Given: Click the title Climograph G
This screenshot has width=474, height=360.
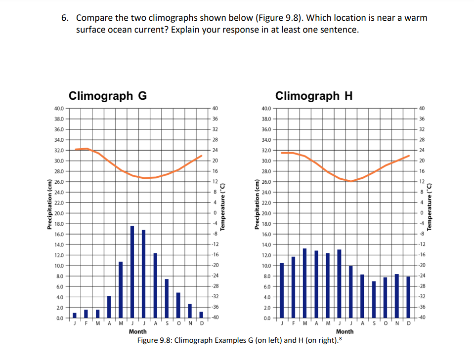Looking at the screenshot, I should (x=107, y=95).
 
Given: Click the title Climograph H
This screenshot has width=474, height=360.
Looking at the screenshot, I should (x=314, y=95).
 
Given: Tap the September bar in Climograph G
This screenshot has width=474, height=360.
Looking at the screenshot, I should (x=178, y=305).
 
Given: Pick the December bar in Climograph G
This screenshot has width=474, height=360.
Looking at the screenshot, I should (x=201, y=315).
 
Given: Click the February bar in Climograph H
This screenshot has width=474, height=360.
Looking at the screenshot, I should (x=293, y=287).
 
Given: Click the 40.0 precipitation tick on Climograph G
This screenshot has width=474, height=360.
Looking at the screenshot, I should (x=58, y=108).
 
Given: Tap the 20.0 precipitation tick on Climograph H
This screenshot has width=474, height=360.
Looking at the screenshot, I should (x=265, y=213).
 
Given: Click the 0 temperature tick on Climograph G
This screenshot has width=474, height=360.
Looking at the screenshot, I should (x=215, y=213).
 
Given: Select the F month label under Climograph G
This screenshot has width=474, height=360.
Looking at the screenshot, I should (x=86, y=324).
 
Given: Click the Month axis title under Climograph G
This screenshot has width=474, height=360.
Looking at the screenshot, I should (x=137, y=332).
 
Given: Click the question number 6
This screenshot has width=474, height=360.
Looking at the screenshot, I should (x=65, y=18).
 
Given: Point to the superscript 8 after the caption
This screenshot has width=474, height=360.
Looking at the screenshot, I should (x=339, y=338).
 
